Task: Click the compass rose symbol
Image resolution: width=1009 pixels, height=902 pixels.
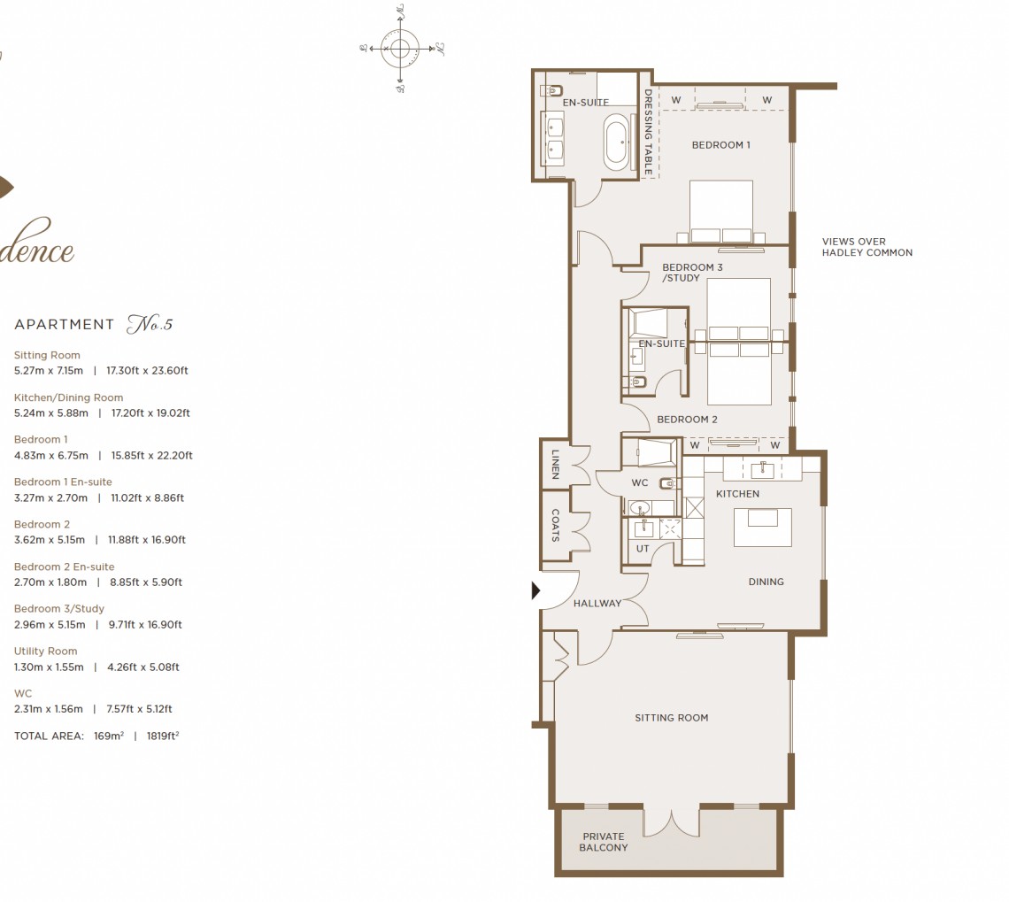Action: click(x=400, y=48)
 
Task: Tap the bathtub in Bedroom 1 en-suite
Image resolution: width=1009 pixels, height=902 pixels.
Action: click(x=617, y=141)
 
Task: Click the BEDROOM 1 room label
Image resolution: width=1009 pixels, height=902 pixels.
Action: click(x=720, y=145)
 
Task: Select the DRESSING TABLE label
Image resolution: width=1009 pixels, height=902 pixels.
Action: click(x=648, y=131)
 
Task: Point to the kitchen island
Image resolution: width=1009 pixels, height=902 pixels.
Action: click(x=762, y=528)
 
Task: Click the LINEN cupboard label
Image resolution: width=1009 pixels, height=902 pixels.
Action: click(x=555, y=463)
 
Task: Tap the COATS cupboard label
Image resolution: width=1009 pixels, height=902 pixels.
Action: click(x=555, y=525)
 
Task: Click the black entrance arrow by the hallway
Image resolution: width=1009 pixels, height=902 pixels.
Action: click(x=535, y=590)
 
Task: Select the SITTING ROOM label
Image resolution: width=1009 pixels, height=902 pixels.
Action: click(x=671, y=718)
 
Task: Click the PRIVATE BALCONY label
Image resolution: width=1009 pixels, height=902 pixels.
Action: click(x=604, y=842)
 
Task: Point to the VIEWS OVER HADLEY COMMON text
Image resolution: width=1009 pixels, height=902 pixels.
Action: click(x=867, y=247)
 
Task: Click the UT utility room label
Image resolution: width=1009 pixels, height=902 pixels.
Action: click(x=643, y=549)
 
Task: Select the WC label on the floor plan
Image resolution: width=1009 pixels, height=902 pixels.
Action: click(x=640, y=483)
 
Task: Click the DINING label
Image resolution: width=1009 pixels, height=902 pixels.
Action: click(x=766, y=582)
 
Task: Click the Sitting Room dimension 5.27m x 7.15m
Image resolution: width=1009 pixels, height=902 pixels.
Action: click(x=49, y=371)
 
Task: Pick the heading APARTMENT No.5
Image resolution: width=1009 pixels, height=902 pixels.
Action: click(x=93, y=325)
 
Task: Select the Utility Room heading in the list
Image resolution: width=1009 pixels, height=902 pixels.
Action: click(x=45, y=651)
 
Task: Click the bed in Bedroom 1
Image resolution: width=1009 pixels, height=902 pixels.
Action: click(x=720, y=212)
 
